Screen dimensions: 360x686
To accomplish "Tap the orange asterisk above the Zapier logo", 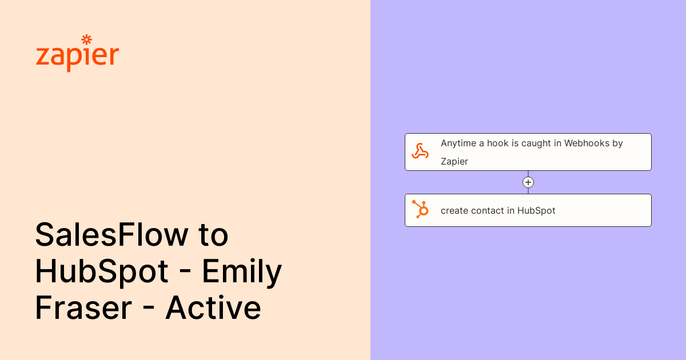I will (x=86, y=39).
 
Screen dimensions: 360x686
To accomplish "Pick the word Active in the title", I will (x=213, y=308).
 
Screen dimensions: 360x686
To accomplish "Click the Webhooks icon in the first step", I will (x=420, y=151).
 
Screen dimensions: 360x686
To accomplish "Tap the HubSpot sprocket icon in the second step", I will (x=420, y=210).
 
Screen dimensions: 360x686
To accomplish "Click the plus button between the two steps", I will (x=528, y=182).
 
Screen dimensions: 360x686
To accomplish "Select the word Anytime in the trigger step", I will (x=458, y=143).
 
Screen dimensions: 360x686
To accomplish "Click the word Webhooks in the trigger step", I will (x=587, y=143).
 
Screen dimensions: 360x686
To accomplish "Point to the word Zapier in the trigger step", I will (x=454, y=161).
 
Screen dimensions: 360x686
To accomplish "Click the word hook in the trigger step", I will (x=497, y=143).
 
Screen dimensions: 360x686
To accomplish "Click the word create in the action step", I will (x=454, y=210).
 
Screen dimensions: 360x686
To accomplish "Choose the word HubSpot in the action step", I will (x=536, y=210).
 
